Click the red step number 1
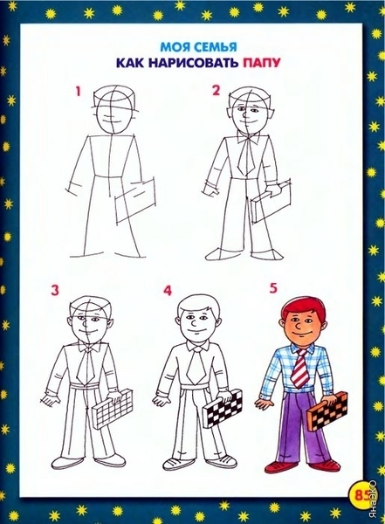point(79,91)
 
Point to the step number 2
point(217,91)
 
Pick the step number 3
point(55,290)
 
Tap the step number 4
point(168,291)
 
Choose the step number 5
point(273,288)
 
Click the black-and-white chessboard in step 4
point(223,409)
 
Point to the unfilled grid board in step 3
point(111,409)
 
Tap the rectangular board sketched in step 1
point(135,201)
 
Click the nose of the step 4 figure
point(194,322)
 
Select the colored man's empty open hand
point(265,403)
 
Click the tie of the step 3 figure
point(86,366)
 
